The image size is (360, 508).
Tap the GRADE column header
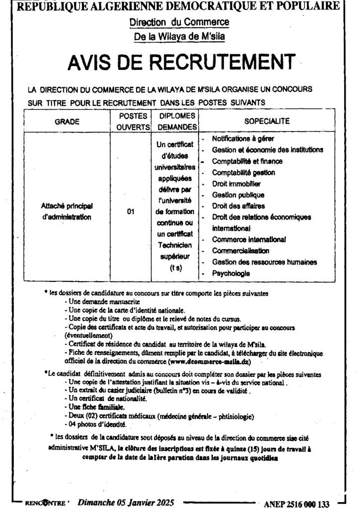point(67,121)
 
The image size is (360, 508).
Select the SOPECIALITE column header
point(267,121)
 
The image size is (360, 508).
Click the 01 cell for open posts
point(131,212)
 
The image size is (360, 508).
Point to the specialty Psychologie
point(231,273)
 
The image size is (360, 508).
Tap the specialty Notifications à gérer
point(243,139)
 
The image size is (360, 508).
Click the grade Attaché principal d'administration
point(67,211)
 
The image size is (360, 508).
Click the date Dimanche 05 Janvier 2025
point(126,503)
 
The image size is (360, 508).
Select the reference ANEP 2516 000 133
point(297,504)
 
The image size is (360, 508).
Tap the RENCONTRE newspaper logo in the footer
point(45,503)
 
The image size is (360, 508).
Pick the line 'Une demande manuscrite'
point(102,302)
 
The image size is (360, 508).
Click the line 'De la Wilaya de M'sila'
point(179,36)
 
